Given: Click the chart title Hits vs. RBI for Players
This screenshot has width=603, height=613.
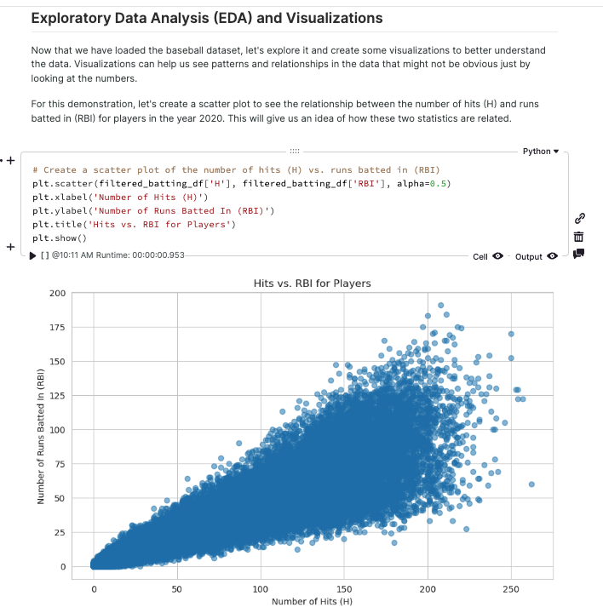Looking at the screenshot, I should pyautogui.click(x=313, y=283).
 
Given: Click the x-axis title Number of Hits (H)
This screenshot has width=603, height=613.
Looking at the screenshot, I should pyautogui.click(x=313, y=602).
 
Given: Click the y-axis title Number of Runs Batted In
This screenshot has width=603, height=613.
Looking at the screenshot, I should pyautogui.click(x=40, y=431).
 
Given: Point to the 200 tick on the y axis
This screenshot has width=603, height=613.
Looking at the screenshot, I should pyautogui.click(x=57, y=294).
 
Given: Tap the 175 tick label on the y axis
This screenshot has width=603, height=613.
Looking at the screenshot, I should pyautogui.click(x=57, y=328).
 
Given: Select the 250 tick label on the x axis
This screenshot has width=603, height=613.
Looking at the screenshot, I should pyautogui.click(x=510, y=587).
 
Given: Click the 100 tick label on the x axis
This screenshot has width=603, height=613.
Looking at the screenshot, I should pyautogui.click(x=261, y=587).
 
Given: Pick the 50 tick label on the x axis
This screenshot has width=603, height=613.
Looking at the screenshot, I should pyautogui.click(x=177, y=587).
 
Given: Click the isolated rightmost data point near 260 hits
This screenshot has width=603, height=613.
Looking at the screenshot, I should pyautogui.click(x=531, y=484).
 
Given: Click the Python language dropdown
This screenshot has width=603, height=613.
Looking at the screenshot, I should pyautogui.click(x=541, y=151).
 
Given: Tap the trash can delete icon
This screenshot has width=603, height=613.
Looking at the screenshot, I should pyautogui.click(x=579, y=236).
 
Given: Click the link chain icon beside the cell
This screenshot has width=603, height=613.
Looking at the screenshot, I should pyautogui.click(x=579, y=218).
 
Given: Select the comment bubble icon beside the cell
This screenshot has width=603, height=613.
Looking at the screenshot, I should pyautogui.click(x=579, y=253).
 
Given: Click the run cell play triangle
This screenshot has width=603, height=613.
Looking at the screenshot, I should pyautogui.click(x=33, y=255).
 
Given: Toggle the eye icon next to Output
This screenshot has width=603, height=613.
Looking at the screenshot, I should pyautogui.click(x=552, y=256).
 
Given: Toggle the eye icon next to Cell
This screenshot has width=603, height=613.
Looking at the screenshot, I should pyautogui.click(x=497, y=256).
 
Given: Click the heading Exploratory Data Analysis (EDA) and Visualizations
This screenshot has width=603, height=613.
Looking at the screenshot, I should pyautogui.click(x=207, y=18).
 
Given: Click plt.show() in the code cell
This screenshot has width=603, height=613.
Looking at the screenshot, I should pyautogui.click(x=60, y=238).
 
